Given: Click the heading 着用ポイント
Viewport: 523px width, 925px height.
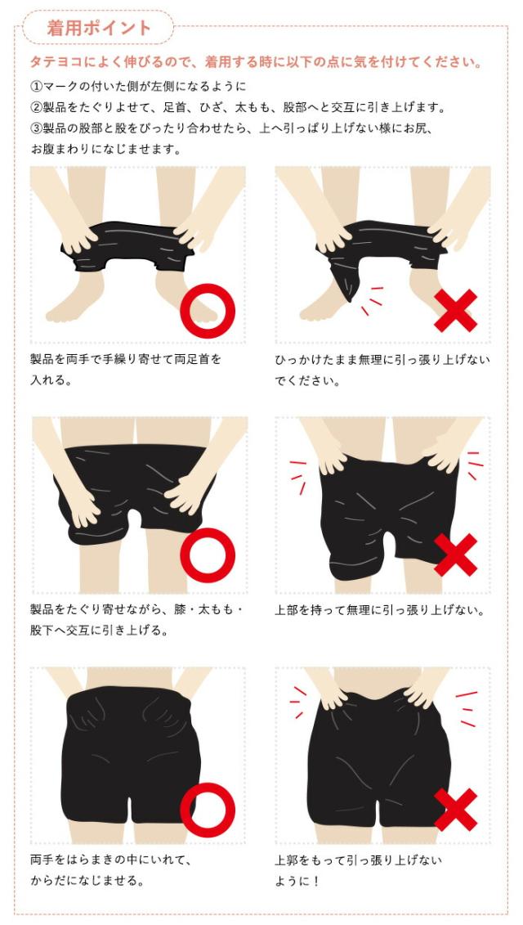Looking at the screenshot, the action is pyautogui.click(x=98, y=27).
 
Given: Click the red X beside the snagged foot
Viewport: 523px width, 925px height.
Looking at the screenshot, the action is pyautogui.click(x=455, y=310).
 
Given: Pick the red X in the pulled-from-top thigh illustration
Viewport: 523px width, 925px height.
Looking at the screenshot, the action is pyautogui.click(x=455, y=555).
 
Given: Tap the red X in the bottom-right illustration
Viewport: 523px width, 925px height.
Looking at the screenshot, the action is pyautogui.click(x=455, y=810).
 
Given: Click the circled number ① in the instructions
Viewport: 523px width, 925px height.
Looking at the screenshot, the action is pyautogui.click(x=36, y=86).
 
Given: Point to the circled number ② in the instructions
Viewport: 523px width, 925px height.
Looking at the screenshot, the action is pyautogui.click(x=36, y=107).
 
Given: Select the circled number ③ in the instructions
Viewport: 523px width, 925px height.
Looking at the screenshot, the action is pyautogui.click(x=36, y=128).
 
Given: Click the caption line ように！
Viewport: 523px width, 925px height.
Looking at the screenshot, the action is pyautogui.click(x=297, y=881).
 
